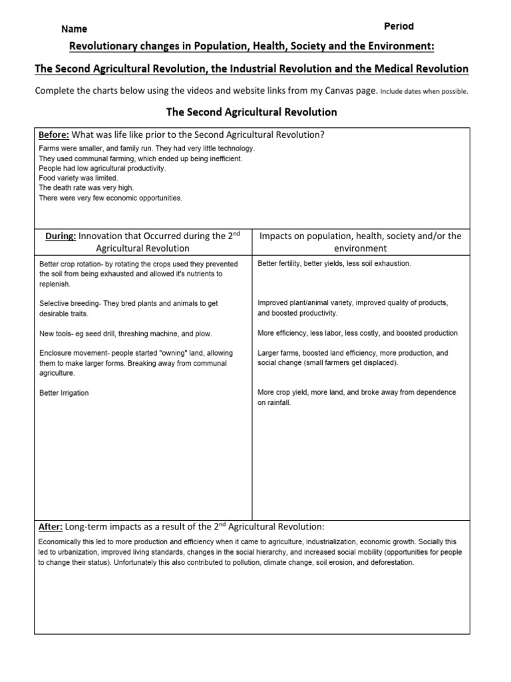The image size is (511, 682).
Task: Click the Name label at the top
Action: pos(74,29)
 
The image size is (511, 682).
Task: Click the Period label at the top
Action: pos(399,26)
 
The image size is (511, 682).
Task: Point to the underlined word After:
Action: pos(51,526)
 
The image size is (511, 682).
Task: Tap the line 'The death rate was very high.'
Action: pos(85,188)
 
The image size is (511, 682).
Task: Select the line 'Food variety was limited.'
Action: pos(78,178)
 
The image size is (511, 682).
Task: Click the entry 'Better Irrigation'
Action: pos(64,393)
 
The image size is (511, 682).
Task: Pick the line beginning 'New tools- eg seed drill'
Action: pos(126,333)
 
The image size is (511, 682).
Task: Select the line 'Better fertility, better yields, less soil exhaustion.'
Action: pos(334,264)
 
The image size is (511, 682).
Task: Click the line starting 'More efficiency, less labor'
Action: pos(357,333)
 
